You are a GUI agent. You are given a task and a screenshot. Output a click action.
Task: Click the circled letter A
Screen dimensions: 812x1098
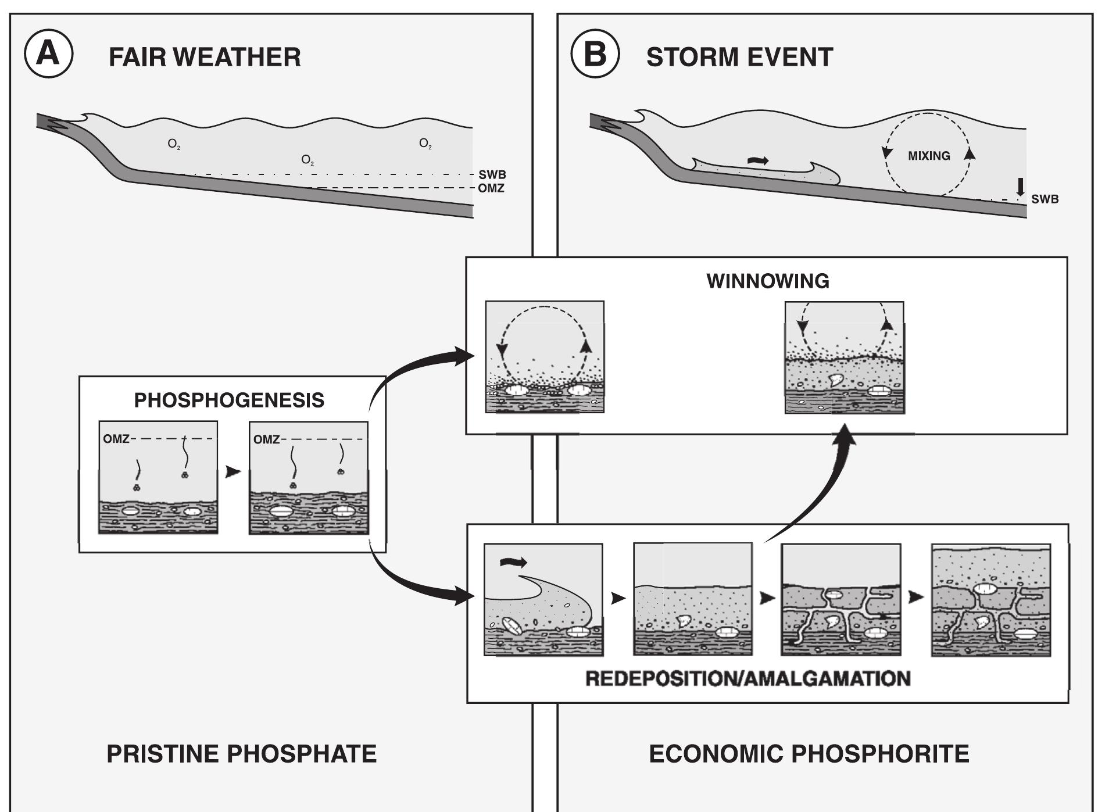coord(48,54)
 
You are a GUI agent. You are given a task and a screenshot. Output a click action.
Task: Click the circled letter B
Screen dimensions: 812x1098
coord(595,54)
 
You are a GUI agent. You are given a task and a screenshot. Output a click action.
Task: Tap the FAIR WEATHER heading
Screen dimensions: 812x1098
coord(205,57)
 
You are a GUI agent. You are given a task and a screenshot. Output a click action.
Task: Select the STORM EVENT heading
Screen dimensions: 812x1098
coord(739,57)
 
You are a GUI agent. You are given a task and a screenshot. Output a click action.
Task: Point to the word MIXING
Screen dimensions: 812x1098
coord(929,156)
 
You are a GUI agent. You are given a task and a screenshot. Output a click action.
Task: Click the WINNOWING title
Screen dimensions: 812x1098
coord(768,281)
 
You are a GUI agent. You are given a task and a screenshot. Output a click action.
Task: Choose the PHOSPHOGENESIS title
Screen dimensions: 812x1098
coord(229,400)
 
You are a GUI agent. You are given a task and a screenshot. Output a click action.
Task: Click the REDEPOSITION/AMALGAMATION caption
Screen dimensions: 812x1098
coord(748,678)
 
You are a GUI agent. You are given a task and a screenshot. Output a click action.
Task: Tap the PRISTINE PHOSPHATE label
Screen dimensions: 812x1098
coord(241,753)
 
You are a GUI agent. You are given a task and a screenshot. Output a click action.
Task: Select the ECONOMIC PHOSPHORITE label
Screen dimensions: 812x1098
coord(809,753)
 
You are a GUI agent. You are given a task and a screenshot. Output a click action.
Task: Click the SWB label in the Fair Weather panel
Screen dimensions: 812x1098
coord(492,174)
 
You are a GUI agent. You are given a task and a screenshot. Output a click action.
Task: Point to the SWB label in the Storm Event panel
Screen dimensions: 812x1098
coord(1045,199)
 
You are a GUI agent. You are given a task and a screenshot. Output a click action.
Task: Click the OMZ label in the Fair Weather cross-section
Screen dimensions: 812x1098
coord(491,188)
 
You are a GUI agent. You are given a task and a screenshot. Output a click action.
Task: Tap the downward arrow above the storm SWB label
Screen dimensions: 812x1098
coord(1020,187)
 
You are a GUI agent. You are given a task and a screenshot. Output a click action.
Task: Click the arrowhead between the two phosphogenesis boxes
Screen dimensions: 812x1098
coord(233,472)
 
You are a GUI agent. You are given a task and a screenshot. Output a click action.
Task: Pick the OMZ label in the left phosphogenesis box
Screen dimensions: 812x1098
coord(116,439)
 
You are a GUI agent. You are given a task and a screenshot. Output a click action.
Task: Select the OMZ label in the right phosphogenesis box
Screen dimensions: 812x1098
coord(266,439)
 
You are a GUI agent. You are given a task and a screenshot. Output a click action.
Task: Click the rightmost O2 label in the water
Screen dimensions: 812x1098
coord(425,144)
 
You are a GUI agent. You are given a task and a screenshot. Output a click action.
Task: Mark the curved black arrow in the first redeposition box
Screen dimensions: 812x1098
coord(513,561)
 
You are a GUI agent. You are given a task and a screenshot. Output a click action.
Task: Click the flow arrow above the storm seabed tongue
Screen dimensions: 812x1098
coord(757,160)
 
